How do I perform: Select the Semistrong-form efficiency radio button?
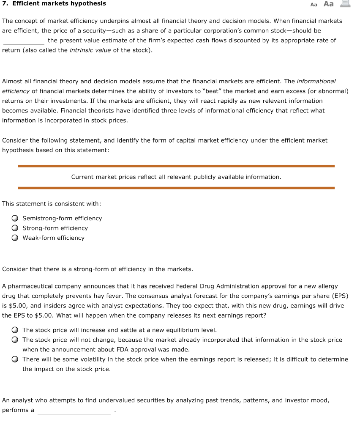click(x=15, y=219)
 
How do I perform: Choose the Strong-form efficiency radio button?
click(x=15, y=228)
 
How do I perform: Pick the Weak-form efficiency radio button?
click(x=15, y=238)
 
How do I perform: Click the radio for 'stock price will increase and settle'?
click(x=15, y=330)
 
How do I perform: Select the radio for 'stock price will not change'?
click(x=15, y=340)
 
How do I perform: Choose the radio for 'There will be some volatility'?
click(x=15, y=359)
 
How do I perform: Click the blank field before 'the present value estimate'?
click(x=24, y=41)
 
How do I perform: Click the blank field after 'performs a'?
click(x=74, y=411)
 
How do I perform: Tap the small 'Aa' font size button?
click(x=314, y=4)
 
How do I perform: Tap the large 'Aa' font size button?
click(x=328, y=4)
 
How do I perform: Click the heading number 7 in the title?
click(x=4, y=3)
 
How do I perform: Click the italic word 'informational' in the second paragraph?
click(x=316, y=81)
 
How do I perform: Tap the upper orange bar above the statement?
click(x=176, y=166)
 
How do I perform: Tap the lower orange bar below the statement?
click(x=176, y=188)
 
